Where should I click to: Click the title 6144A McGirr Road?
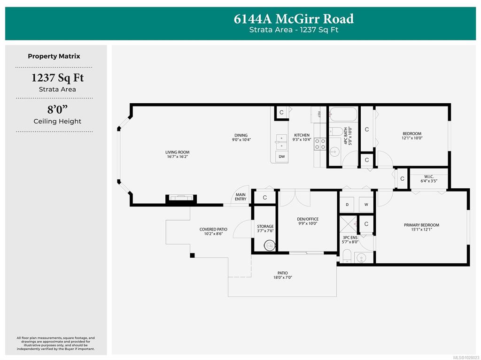tap(294, 19)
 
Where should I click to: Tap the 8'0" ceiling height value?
tap(57, 109)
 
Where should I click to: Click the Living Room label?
tap(177, 152)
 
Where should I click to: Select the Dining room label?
tap(241, 135)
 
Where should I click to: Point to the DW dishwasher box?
tap(282, 157)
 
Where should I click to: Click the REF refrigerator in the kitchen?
tap(319, 115)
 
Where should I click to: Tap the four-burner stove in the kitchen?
tap(320, 144)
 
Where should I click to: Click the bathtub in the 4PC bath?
tap(343, 115)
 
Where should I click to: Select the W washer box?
tap(366, 205)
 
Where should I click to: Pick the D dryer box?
tap(347, 205)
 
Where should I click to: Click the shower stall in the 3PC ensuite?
tap(349, 225)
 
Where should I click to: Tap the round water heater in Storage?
tap(269, 245)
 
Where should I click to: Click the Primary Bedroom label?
tap(421, 225)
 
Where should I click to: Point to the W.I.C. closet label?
tap(429, 176)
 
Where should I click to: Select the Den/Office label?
tap(308, 219)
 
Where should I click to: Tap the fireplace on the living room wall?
tap(181, 198)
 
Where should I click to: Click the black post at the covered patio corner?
tap(192, 255)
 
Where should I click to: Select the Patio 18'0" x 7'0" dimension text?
tap(283, 277)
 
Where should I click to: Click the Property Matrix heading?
tap(54, 56)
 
